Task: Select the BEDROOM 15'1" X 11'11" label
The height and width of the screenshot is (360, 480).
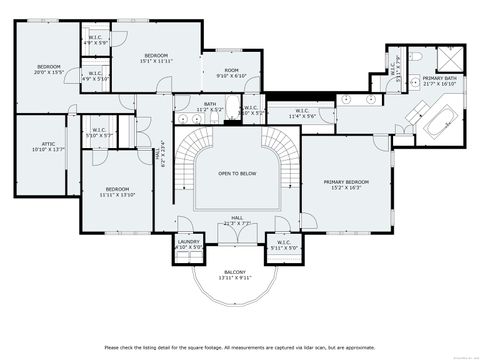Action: point(155,58)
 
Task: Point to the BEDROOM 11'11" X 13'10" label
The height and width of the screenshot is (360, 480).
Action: point(117,192)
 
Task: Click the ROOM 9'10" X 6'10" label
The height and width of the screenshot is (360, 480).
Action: point(232,72)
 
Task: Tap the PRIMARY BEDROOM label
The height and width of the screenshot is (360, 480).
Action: point(346,185)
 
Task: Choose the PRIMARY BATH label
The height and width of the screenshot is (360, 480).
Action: point(440,81)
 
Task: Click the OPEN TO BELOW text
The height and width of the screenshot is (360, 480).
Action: point(238,173)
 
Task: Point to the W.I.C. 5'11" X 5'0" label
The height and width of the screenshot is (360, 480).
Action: point(286,243)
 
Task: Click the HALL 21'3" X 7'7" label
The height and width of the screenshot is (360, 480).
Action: point(238,220)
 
